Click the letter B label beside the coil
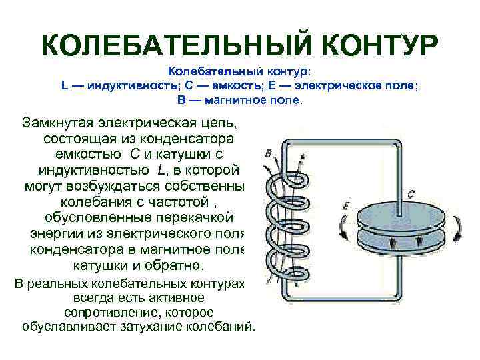pyautogui.click(x=268, y=154)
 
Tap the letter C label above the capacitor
pyautogui.click(x=411, y=194)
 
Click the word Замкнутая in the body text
pyautogui.click(x=59, y=124)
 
